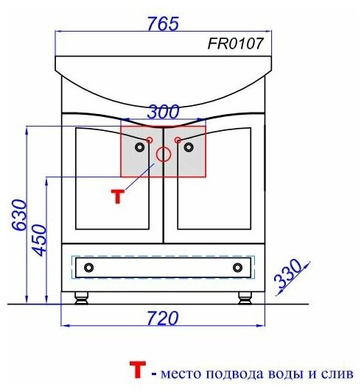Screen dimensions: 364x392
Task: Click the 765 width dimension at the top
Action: pos(164,24)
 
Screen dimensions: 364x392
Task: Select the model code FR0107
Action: pos(236,43)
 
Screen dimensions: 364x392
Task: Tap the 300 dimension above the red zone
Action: pos(163,112)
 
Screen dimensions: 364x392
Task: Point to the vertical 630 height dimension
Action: pos(19,215)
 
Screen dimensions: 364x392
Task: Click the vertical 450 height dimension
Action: pos(40,240)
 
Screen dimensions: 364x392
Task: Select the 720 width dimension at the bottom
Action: pos(163,318)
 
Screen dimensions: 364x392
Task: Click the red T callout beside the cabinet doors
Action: pos(118,196)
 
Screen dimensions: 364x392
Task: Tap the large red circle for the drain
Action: pos(164,154)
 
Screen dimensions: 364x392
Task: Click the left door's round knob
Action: pos(139,147)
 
